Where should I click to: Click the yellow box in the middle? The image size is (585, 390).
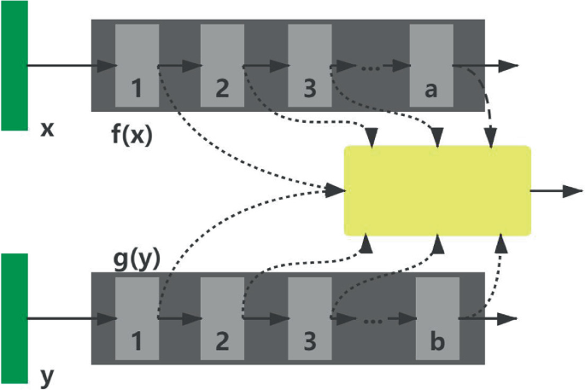pyautogui.click(x=436, y=190)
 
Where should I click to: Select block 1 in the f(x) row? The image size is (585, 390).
pyautogui.click(x=137, y=65)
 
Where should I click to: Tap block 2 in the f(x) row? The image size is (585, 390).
pyautogui.click(x=222, y=65)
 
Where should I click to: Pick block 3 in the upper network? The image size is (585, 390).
pyautogui.click(x=309, y=65)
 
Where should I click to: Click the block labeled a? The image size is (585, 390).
pyautogui.click(x=430, y=65)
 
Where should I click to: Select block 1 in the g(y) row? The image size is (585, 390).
pyautogui.click(x=137, y=318)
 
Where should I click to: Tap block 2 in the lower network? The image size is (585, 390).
pyautogui.click(x=222, y=318)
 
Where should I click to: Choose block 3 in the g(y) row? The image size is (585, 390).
pyautogui.click(x=309, y=318)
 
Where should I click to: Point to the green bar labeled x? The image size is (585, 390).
pyautogui.click(x=14, y=66)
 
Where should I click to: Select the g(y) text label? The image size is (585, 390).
pyautogui.click(x=137, y=259)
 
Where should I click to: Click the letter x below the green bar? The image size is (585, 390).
pyautogui.click(x=48, y=131)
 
